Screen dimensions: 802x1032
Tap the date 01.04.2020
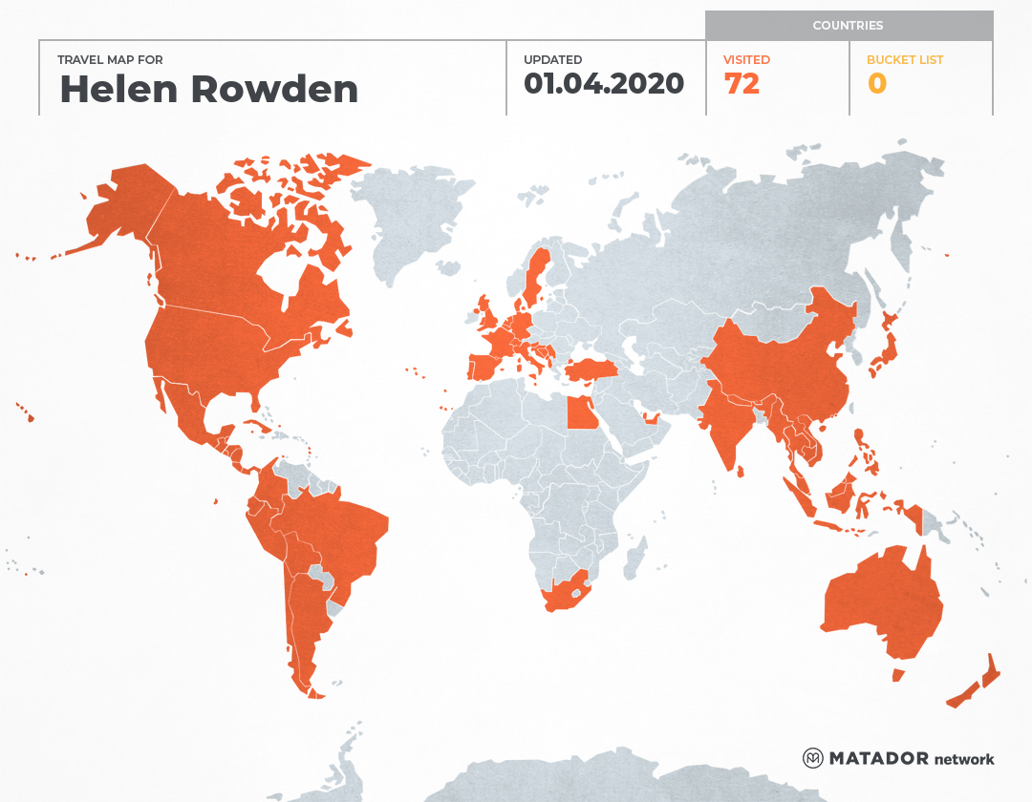click(604, 84)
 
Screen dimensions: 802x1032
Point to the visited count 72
click(742, 84)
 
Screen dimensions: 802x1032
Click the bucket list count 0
click(877, 84)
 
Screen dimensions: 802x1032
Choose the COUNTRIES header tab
click(849, 26)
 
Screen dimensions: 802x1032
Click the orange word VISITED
click(746, 59)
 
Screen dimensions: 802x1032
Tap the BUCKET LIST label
click(905, 59)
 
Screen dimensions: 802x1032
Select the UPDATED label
click(552, 59)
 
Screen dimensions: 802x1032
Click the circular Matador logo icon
click(813, 758)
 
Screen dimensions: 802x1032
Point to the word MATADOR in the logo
click(878, 758)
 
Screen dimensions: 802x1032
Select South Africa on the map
click(563, 594)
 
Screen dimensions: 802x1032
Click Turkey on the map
click(591, 369)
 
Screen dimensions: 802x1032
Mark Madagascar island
click(634, 559)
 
